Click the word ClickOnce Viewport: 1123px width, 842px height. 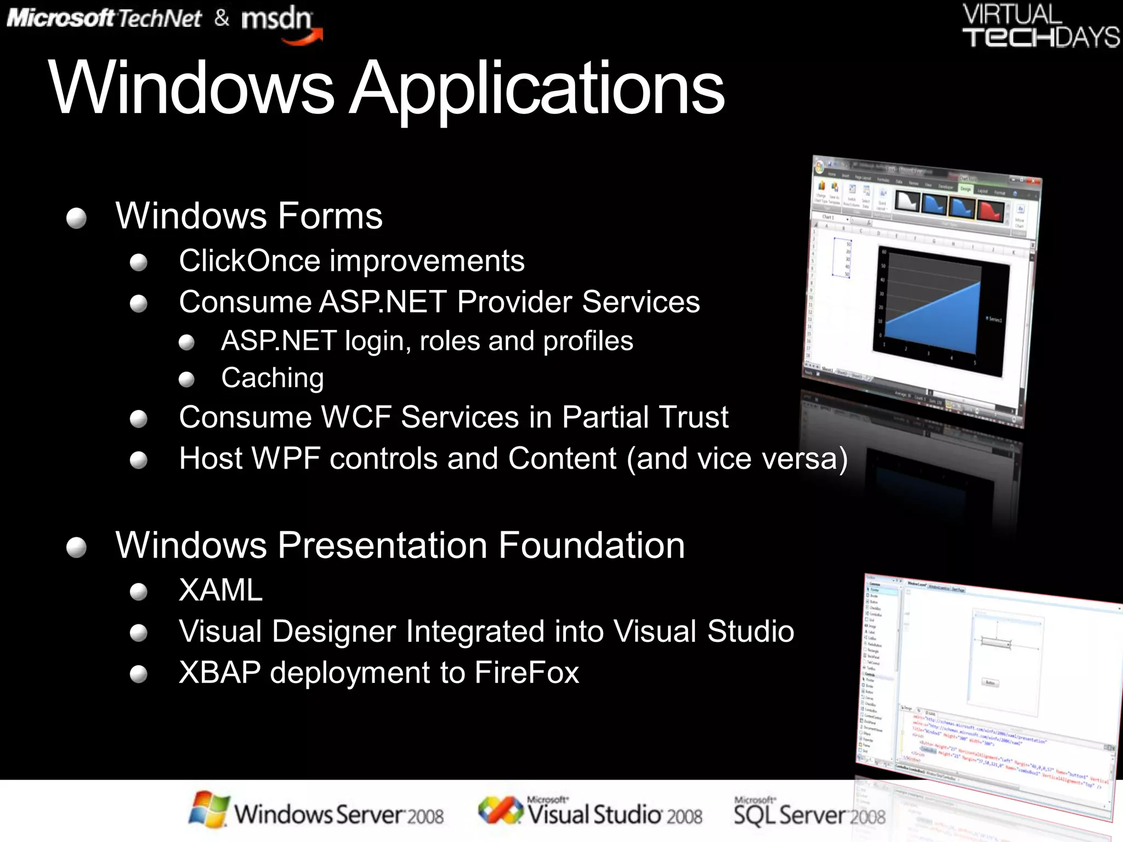pos(249,261)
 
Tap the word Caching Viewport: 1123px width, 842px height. pos(273,378)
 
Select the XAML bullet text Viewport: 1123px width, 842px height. pos(220,591)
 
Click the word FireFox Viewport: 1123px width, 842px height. pos(526,673)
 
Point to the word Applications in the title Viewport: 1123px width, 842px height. pos(537,89)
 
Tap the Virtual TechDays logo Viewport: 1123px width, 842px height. pos(1040,26)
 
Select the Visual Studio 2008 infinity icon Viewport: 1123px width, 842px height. pos(500,810)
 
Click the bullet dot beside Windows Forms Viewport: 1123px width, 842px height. pos(76,218)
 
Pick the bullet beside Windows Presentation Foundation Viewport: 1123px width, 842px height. pos(76,547)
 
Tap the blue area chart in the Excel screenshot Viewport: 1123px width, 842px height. pos(932,323)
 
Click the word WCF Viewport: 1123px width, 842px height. pos(356,418)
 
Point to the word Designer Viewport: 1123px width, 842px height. pos(333,631)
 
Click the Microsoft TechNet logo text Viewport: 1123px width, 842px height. pos(104,19)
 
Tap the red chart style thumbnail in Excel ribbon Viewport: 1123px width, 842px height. pos(990,210)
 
